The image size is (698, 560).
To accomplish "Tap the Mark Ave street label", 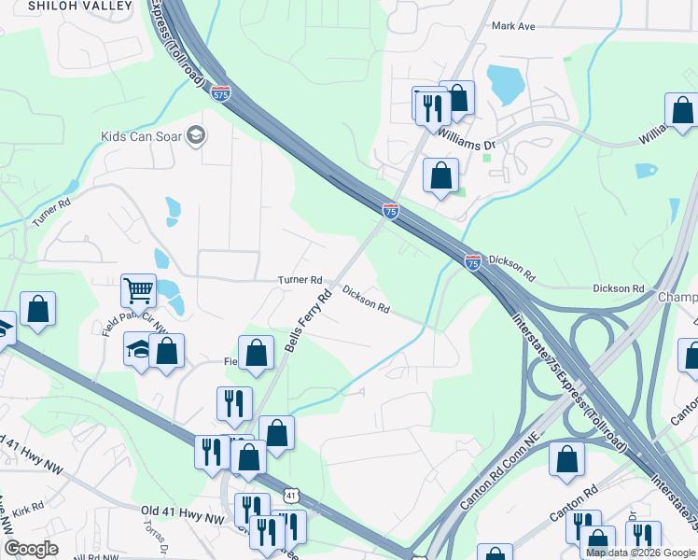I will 513,26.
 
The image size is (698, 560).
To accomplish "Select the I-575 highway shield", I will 220,94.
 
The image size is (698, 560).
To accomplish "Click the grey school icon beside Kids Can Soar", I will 196,136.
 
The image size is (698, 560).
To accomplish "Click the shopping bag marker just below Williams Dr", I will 440,175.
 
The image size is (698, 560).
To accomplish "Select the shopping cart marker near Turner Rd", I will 138,290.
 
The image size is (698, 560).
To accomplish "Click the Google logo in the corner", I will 30,549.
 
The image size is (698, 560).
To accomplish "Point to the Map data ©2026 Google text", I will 640,553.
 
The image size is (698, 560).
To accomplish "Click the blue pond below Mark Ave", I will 505,85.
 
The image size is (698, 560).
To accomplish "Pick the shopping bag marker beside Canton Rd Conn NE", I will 566,459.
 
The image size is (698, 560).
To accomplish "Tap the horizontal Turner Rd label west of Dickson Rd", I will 300,280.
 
